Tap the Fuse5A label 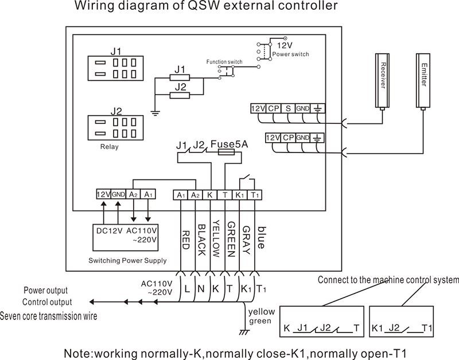point(228,144)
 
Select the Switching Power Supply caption point(127,260)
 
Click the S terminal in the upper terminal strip point(288,108)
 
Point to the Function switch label point(224,61)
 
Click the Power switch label point(290,54)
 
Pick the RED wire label point(185,240)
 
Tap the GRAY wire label point(246,236)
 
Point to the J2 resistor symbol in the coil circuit point(180,96)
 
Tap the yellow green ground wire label point(260,316)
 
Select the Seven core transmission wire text point(49,316)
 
